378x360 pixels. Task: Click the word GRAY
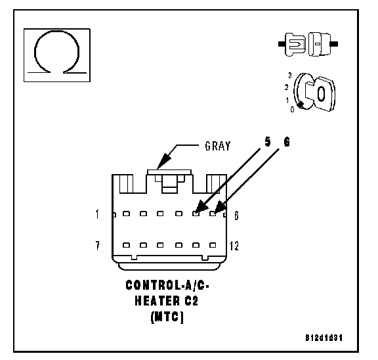tap(218, 146)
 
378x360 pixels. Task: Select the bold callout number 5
tap(267, 142)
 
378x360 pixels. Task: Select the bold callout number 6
tap(287, 142)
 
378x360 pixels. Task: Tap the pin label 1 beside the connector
tap(97, 214)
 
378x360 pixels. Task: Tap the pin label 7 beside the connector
tap(97, 246)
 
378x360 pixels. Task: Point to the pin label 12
tap(234, 246)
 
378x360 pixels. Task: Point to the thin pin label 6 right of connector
tap(236, 215)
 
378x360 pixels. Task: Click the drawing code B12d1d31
tap(324, 338)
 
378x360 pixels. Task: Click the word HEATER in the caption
tap(157, 301)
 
